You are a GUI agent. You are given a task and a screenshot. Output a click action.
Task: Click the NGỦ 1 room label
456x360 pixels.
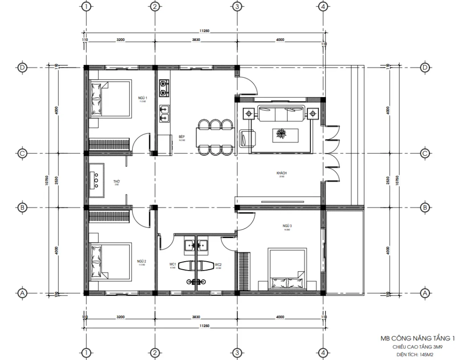pos(142,97)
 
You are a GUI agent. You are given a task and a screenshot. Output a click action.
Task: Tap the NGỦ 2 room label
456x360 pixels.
pos(142,261)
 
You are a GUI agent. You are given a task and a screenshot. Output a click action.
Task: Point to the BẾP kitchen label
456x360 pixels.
pos(182,137)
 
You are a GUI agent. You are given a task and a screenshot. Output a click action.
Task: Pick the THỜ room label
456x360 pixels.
pos(117,182)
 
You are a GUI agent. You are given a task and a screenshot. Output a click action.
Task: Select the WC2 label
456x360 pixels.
pos(218,264)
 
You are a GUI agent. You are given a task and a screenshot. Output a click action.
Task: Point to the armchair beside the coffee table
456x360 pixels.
pos(247,138)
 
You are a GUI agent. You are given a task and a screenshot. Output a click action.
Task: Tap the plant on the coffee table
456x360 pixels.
pos(281,134)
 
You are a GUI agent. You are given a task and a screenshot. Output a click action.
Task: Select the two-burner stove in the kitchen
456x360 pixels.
pos(164,88)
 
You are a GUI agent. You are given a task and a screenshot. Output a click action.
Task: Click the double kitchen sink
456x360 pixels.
pos(164,113)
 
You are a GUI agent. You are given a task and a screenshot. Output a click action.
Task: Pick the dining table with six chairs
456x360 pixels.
pos(216,137)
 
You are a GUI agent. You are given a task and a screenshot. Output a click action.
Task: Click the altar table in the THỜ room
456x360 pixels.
pos(97,180)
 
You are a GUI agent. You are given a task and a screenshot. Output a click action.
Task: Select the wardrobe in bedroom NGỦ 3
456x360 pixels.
pos(244,271)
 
